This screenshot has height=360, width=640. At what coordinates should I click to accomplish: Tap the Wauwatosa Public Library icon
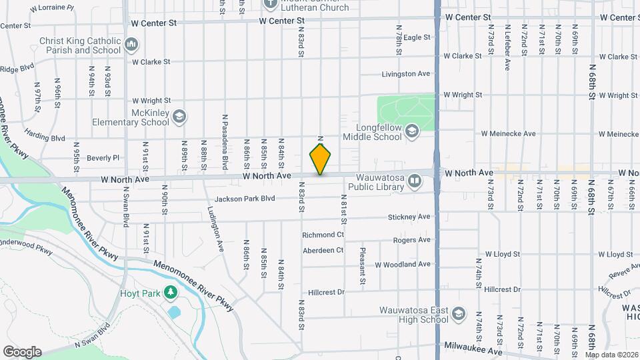pos(415,181)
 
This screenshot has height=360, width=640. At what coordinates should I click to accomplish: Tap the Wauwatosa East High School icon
pos(458,313)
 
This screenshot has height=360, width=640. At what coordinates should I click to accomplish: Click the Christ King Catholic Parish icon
pos(131,45)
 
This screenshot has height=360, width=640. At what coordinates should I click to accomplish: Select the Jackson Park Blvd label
pos(245,199)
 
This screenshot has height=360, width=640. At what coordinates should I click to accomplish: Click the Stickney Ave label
pos(409,217)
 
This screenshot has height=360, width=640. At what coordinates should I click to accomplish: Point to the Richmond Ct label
pos(323,235)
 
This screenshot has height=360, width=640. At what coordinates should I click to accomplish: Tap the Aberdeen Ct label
pos(323,250)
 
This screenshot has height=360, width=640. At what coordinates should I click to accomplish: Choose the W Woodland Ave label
pos(402,265)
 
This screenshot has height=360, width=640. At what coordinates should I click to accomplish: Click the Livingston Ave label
pos(406,74)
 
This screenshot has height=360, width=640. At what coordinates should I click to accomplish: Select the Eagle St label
pos(417,38)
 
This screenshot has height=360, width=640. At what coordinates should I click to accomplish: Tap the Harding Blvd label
pos(45,138)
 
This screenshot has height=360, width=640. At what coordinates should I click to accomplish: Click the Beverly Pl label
pos(103,158)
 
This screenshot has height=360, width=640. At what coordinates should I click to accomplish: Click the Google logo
pos(22,352)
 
